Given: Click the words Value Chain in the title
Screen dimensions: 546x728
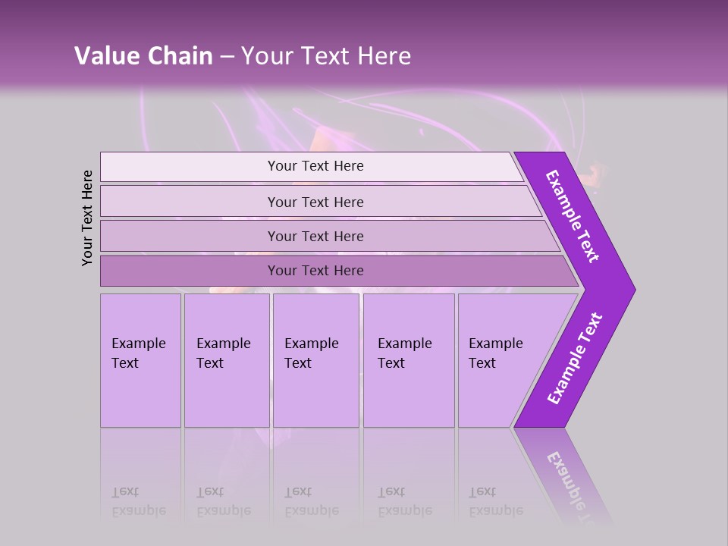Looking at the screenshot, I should (143, 56).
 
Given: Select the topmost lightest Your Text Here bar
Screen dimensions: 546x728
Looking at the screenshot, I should (315, 166).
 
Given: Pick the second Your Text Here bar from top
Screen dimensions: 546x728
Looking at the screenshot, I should (315, 202).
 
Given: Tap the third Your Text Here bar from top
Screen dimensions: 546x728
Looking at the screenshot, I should (315, 236).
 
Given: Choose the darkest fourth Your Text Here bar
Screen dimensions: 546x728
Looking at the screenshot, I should (315, 271).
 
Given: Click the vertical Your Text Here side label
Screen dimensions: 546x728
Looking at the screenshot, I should (87, 218).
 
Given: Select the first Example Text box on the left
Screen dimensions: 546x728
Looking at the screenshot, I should (140, 359).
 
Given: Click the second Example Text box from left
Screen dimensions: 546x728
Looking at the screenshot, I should (226, 359).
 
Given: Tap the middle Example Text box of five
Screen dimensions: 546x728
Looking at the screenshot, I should (315, 359).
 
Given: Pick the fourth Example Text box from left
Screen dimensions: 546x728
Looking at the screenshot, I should (408, 359).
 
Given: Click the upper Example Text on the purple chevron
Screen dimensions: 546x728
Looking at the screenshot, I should (573, 216).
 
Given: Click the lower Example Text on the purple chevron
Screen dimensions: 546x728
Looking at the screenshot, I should (575, 359).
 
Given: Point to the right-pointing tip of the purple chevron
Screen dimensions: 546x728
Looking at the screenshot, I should (633, 289).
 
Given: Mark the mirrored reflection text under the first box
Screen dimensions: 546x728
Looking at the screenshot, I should (138, 501).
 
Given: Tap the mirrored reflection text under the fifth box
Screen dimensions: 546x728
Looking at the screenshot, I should (495, 501).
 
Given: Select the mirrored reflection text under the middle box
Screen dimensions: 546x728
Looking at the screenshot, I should (311, 501).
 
